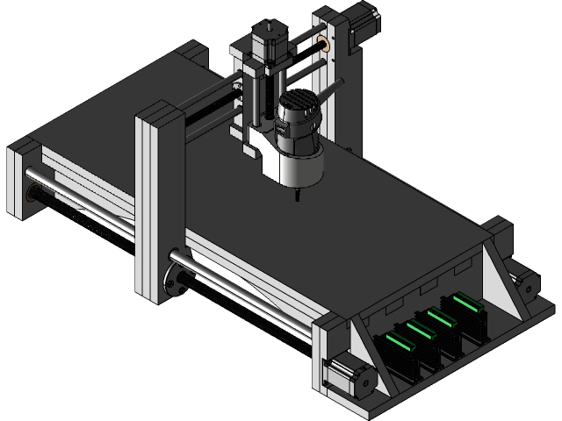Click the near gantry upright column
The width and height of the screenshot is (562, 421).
[x=159, y=202]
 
